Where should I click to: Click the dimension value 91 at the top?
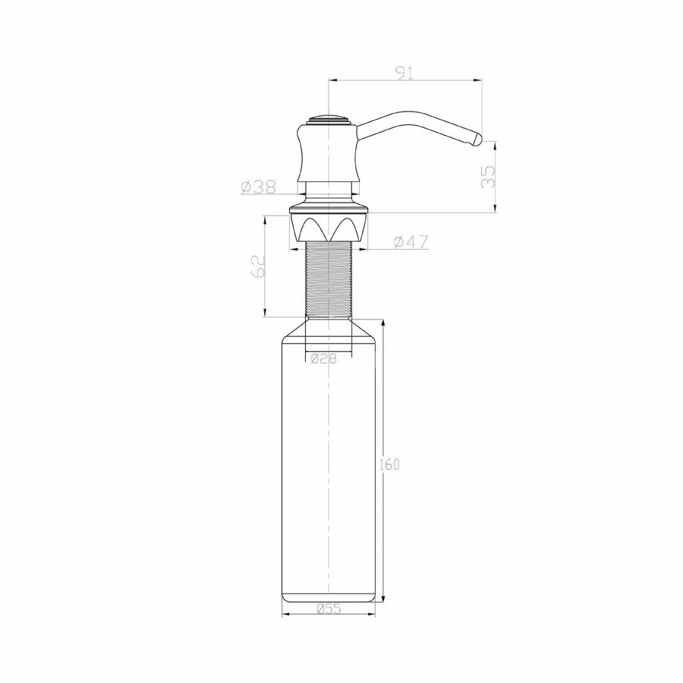click(x=404, y=73)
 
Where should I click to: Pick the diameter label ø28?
click(x=324, y=360)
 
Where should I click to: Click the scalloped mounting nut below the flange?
click(x=328, y=228)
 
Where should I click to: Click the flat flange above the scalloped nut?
click(x=328, y=208)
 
